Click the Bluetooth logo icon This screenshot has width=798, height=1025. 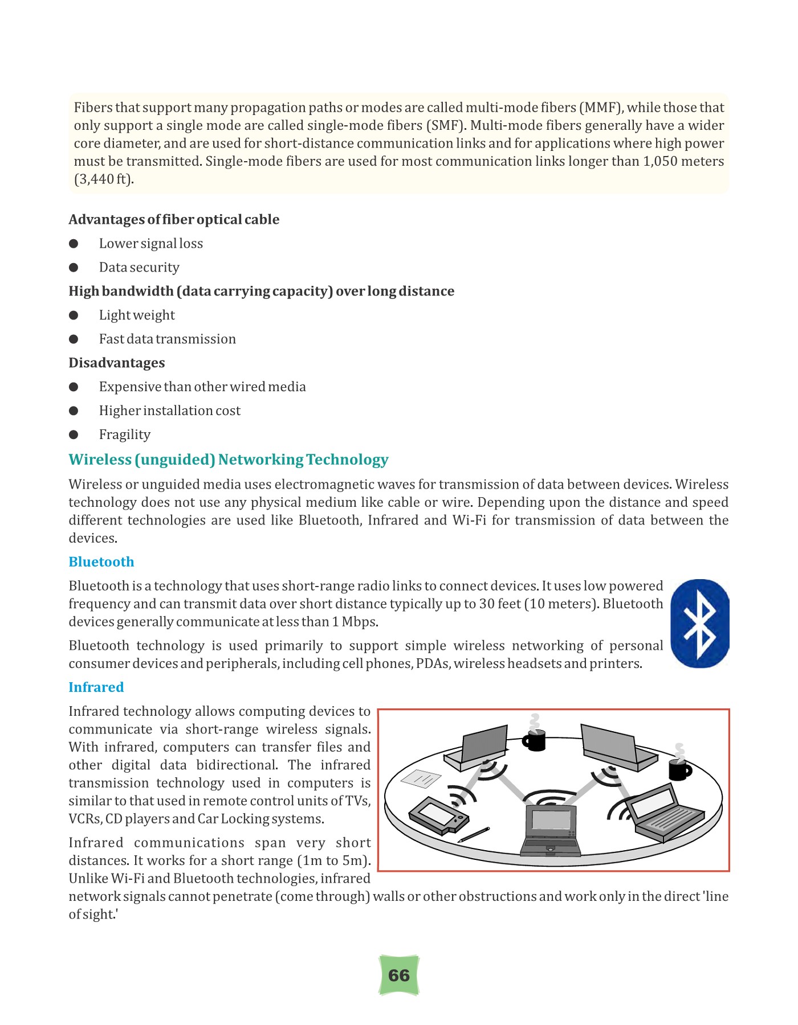tap(700, 624)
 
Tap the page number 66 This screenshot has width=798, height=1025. tap(399, 975)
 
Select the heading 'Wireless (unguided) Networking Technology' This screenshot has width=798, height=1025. tap(228, 460)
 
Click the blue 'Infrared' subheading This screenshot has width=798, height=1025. tap(96, 687)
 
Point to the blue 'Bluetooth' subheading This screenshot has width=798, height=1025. tap(101, 562)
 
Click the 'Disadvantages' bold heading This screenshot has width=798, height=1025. tap(116, 363)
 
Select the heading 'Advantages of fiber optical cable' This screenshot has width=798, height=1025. tap(174, 220)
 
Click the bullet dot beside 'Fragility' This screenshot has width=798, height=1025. tap(74, 435)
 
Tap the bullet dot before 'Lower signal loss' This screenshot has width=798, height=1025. tap(74, 244)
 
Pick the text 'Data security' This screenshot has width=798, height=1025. tap(139, 268)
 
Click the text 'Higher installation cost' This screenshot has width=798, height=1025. tap(169, 411)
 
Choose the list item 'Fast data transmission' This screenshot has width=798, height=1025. tap(167, 339)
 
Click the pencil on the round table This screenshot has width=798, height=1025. tap(474, 834)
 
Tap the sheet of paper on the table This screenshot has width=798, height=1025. tap(421, 777)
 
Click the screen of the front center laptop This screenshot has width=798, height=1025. tap(551, 820)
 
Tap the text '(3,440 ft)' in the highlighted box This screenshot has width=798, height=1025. tap(104, 179)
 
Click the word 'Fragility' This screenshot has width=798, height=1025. tap(124, 435)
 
